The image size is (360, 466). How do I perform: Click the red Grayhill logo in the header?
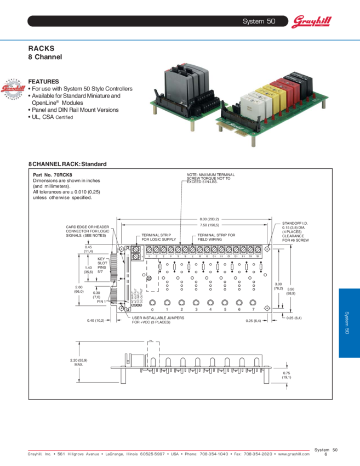[311, 21]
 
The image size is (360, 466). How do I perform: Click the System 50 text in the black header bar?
[259, 21]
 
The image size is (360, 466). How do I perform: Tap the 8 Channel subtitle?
[45, 56]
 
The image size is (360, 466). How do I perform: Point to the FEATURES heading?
[43, 81]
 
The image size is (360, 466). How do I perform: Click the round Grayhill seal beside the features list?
[13, 89]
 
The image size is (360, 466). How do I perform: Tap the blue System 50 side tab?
[348, 323]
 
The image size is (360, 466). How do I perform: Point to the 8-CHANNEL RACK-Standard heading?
[67, 164]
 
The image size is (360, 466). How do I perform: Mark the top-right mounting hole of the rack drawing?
[266, 249]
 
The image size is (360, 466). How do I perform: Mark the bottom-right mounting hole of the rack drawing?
[266, 308]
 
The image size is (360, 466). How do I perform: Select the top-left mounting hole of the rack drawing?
[121, 249]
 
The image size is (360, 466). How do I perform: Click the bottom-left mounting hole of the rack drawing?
[121, 309]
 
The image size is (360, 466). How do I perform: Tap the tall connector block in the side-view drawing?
[152, 354]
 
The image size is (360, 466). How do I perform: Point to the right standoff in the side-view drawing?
[266, 377]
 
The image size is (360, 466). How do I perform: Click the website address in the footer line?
[290, 453]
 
